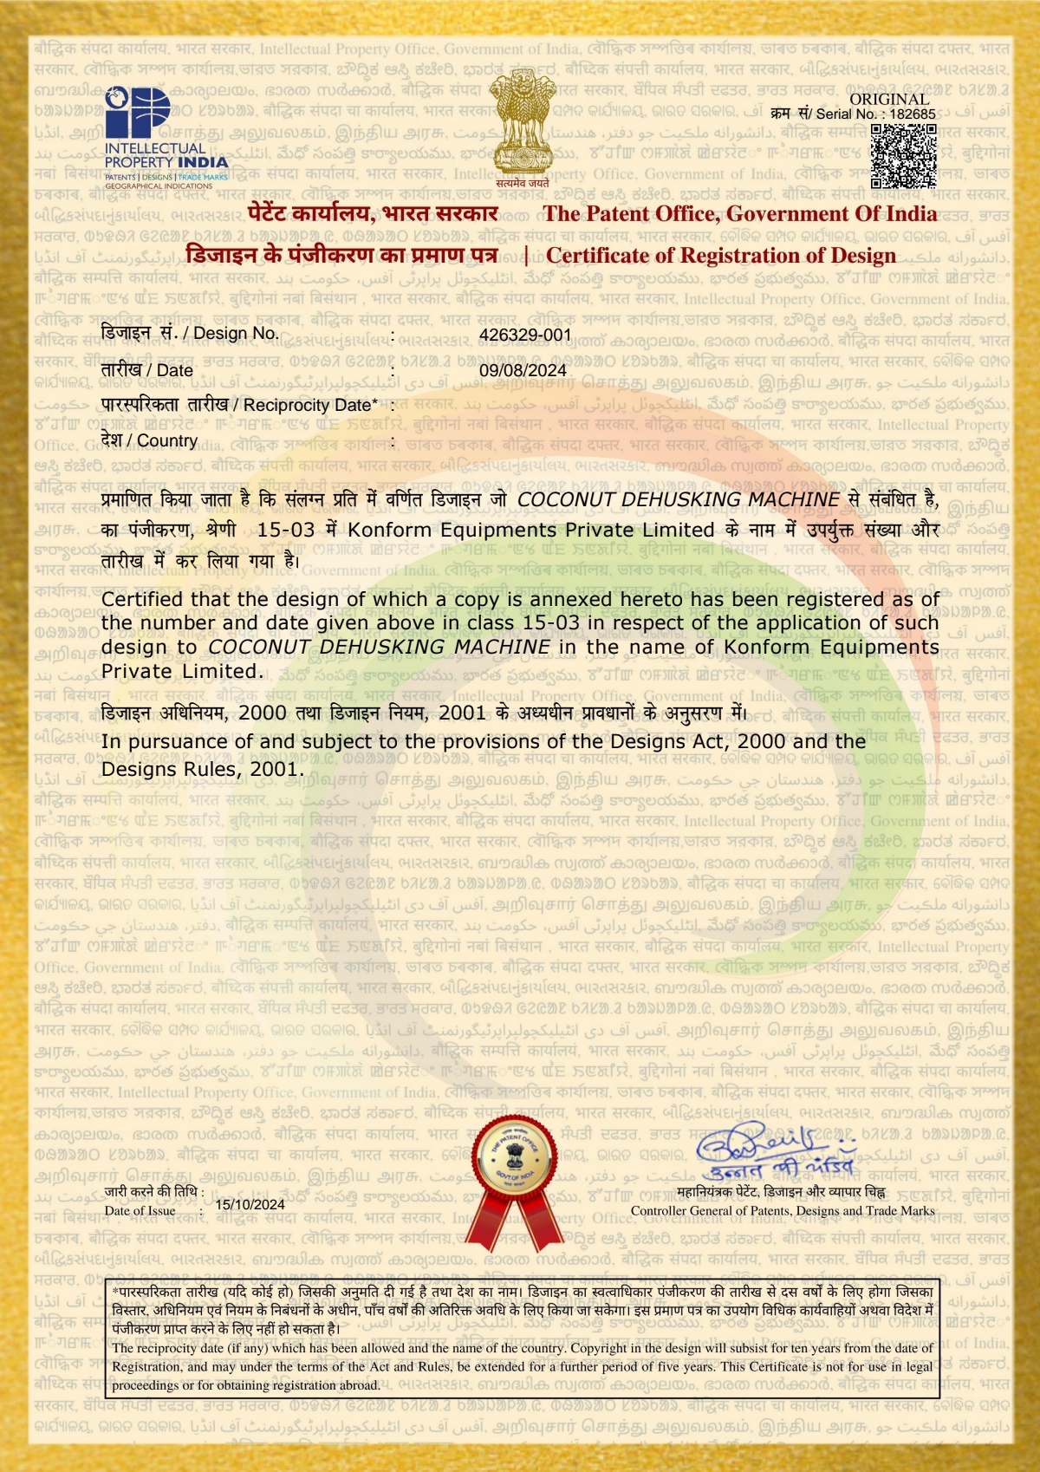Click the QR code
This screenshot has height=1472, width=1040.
pyautogui.click(x=903, y=156)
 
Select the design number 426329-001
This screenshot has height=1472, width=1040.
pyautogui.click(x=525, y=335)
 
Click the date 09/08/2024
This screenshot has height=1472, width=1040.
pyautogui.click(x=523, y=370)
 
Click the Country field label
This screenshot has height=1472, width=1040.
pyautogui.click(x=149, y=440)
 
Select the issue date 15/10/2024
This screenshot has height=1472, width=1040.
pyautogui.click(x=250, y=1204)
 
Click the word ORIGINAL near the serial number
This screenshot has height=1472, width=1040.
pyautogui.click(x=889, y=99)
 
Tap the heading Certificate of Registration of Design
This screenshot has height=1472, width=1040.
pyautogui.click(x=721, y=256)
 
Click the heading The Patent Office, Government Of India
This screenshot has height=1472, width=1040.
pyautogui.click(x=739, y=214)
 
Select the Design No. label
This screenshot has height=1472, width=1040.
pyautogui.click(x=190, y=333)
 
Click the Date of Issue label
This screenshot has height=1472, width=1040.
pyautogui.click(x=140, y=1211)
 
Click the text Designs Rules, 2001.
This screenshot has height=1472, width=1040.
pyautogui.click(x=202, y=769)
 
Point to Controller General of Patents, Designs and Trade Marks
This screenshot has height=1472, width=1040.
pyautogui.click(x=782, y=1211)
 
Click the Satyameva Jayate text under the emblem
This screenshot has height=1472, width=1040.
pyautogui.click(x=523, y=183)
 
